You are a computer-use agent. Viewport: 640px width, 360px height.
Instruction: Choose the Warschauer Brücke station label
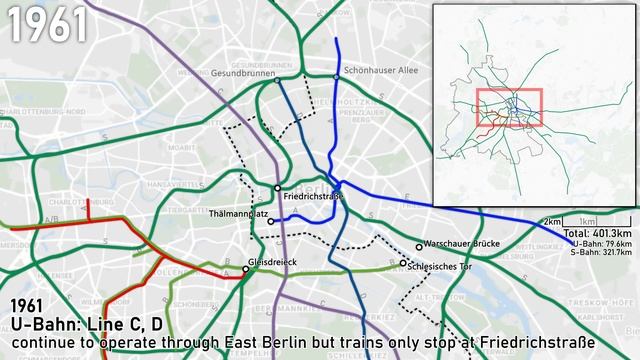[459, 245]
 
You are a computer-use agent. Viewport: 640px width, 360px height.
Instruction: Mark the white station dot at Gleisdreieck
[246, 269]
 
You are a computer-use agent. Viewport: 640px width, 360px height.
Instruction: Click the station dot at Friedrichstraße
[278, 188]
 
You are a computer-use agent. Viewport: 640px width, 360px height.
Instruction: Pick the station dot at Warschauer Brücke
[419, 247]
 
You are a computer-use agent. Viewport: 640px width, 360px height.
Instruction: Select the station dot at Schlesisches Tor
[404, 264]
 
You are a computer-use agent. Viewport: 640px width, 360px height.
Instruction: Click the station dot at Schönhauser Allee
[336, 71]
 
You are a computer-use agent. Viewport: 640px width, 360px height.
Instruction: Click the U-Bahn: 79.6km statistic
[602, 242]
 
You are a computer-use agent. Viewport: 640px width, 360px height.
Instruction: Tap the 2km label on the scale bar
[551, 221]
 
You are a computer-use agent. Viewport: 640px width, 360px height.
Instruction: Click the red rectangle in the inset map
[509, 108]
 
